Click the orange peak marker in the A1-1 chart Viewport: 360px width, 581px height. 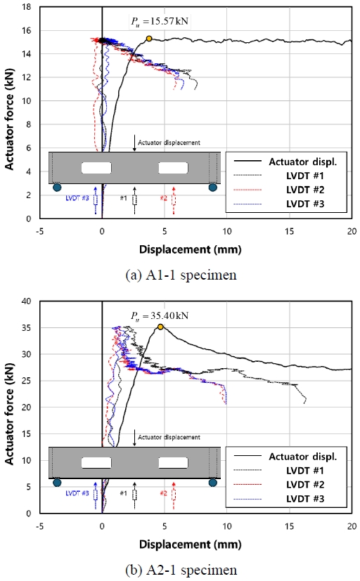coord(148,39)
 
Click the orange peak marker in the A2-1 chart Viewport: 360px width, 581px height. coord(160,327)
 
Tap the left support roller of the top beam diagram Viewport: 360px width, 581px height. coord(57,188)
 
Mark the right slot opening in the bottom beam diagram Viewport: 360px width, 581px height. coord(173,463)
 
